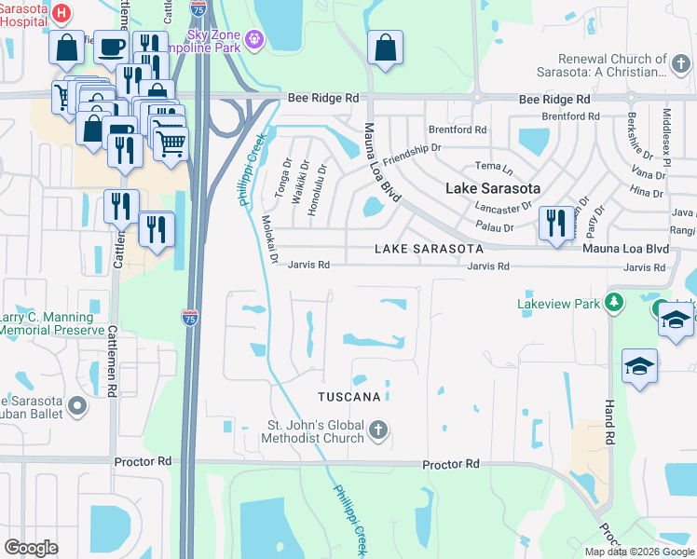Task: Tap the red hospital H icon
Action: click(x=61, y=13)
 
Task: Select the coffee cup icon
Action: click(x=112, y=48)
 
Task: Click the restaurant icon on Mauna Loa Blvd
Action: click(x=556, y=224)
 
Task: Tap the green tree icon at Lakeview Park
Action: click(x=613, y=303)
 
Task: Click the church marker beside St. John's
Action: click(x=377, y=430)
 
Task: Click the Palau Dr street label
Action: click(x=495, y=227)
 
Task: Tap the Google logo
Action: click(x=32, y=548)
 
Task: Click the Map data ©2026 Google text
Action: click(x=639, y=552)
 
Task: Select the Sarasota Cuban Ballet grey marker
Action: click(x=76, y=405)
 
